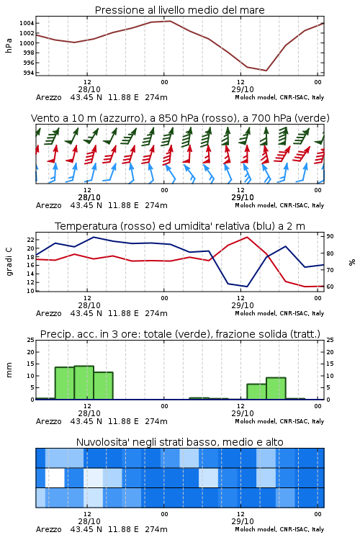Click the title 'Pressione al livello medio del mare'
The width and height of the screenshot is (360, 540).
click(179, 10)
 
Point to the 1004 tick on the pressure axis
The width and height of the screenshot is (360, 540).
click(27, 24)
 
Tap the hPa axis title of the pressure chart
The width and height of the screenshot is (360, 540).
click(9, 45)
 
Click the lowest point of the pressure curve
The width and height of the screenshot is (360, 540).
click(266, 71)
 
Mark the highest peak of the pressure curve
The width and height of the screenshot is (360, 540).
click(170, 21)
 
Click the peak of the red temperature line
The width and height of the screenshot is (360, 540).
click(247, 237)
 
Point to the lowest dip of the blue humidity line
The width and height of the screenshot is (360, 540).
click(247, 287)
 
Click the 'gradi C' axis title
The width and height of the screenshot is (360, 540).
click(9, 262)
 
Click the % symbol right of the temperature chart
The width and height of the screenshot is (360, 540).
click(352, 262)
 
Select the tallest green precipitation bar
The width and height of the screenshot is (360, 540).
click(84, 382)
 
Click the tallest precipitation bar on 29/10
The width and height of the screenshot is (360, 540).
click(276, 389)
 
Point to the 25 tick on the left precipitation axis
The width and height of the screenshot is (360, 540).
click(31, 340)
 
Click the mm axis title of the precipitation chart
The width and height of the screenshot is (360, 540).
click(9, 369)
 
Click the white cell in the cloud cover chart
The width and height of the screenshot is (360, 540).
click(55, 477)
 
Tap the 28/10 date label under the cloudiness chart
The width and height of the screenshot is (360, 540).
click(89, 521)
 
